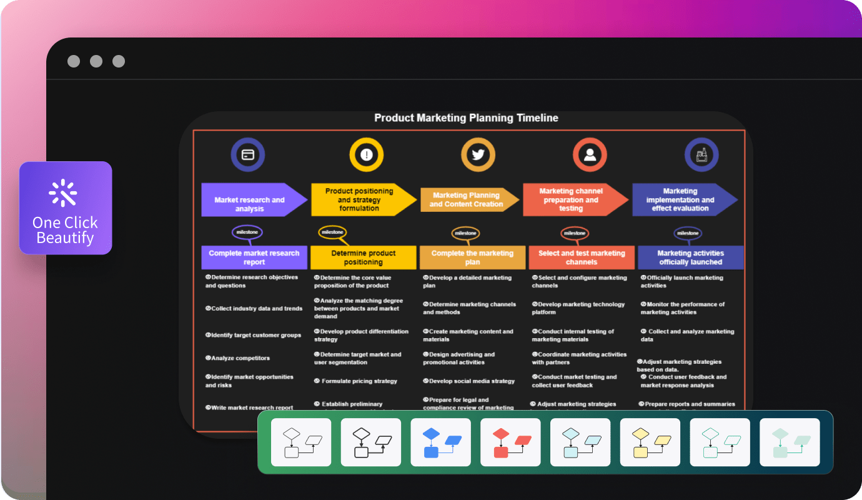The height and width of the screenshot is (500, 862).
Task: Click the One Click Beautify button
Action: (66, 208)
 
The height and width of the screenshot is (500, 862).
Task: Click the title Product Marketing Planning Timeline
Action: (466, 118)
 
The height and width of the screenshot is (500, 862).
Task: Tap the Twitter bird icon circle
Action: (478, 154)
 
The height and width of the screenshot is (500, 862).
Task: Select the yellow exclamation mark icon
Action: (367, 154)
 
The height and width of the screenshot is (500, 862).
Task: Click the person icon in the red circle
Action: (589, 154)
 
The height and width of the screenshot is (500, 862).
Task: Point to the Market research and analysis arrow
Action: (250, 200)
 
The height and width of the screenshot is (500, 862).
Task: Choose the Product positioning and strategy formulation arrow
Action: (360, 200)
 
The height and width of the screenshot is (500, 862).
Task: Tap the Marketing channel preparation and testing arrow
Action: (571, 200)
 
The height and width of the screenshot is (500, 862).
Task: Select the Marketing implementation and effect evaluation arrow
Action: (680, 200)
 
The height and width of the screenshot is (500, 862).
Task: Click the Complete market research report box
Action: (254, 257)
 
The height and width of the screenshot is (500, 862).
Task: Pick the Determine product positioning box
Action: (364, 257)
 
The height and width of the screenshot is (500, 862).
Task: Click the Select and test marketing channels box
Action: (582, 257)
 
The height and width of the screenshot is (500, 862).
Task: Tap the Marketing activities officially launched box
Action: (691, 257)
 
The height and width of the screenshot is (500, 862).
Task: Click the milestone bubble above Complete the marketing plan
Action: (465, 233)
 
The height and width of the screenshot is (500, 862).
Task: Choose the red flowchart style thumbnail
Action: (510, 442)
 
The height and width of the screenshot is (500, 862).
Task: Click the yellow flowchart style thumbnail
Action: (650, 442)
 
